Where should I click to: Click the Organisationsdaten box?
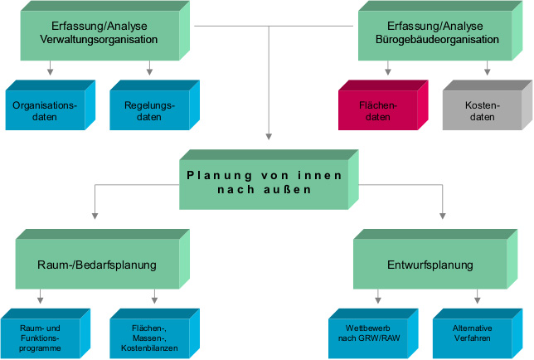(x=44, y=111)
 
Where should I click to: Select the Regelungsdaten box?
(x=148, y=111)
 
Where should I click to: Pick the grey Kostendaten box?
(x=482, y=111)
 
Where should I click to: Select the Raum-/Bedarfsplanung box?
(x=98, y=265)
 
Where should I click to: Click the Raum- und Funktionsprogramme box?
(x=41, y=338)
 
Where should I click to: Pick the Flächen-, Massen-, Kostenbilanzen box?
(x=148, y=338)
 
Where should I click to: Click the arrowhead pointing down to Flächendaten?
(x=387, y=73)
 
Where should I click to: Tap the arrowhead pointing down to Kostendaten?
(x=488, y=73)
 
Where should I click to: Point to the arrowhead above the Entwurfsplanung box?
(x=441, y=226)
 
